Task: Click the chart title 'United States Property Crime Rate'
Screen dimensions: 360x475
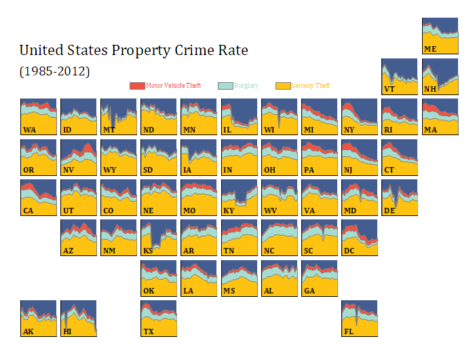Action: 134,51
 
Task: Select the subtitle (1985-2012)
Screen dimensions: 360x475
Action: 54,71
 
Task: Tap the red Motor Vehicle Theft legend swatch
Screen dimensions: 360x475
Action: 137,86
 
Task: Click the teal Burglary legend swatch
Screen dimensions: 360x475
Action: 225,86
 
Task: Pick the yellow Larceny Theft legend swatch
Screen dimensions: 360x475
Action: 283,86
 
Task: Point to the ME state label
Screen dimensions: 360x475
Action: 430,49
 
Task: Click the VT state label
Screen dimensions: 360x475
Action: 389,89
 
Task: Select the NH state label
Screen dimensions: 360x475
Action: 430,89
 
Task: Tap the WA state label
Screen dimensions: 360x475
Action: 29,130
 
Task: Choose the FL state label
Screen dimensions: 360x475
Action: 349,331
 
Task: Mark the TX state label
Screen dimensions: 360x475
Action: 149,331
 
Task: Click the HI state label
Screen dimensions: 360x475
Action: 67,331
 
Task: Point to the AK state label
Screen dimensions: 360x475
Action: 28,331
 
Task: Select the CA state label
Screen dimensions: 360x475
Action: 28,211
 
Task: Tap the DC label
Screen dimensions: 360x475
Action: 349,251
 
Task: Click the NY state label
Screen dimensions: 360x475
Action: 349,130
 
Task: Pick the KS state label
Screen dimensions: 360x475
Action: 149,251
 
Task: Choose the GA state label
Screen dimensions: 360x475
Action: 309,291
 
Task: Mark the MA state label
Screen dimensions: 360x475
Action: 430,130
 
